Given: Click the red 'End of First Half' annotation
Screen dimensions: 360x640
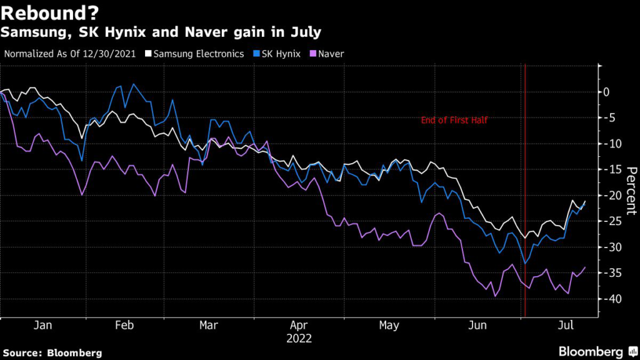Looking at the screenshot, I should coord(454,120).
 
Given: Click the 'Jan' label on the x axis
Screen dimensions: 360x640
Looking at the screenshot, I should coord(42,326).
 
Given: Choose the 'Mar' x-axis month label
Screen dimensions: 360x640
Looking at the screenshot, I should coord(209,326).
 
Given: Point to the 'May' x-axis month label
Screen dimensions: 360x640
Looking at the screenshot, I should coord(389,326).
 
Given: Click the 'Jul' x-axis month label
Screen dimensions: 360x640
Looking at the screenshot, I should coord(566,326).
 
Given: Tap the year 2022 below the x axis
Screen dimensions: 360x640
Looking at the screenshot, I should coord(299,339).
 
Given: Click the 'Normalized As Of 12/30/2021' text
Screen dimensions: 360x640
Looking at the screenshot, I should coord(71,54).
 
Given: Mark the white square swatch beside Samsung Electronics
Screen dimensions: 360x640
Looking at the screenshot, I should coord(148,54).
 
